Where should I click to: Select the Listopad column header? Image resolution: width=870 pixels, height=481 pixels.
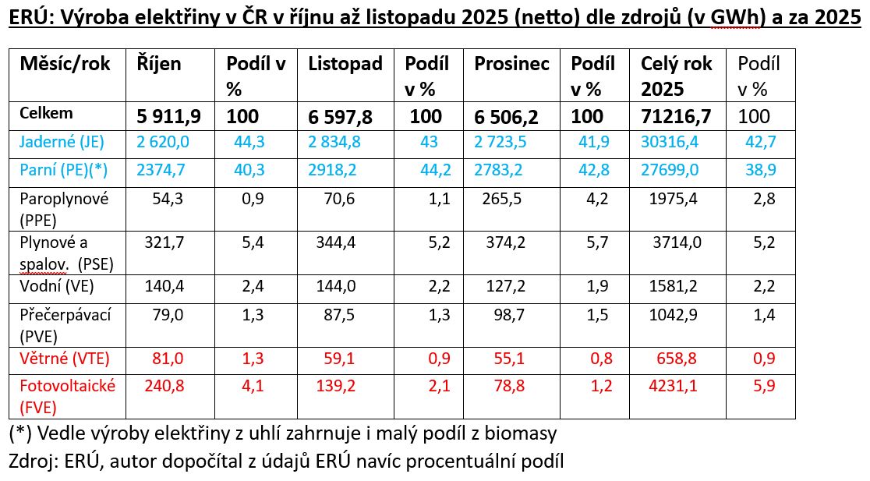(345, 64)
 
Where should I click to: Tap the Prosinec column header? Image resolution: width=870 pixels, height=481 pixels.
(511, 64)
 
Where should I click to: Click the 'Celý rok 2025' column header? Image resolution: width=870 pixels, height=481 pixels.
(676, 76)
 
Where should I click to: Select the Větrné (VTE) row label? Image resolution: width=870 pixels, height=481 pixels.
(65, 359)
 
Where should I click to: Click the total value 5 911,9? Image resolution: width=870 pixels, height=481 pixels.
(169, 117)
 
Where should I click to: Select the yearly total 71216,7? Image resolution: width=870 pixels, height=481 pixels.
(677, 117)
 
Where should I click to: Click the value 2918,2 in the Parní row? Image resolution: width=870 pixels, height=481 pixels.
(334, 171)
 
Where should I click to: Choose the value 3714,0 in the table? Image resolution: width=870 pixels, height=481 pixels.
(677, 243)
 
